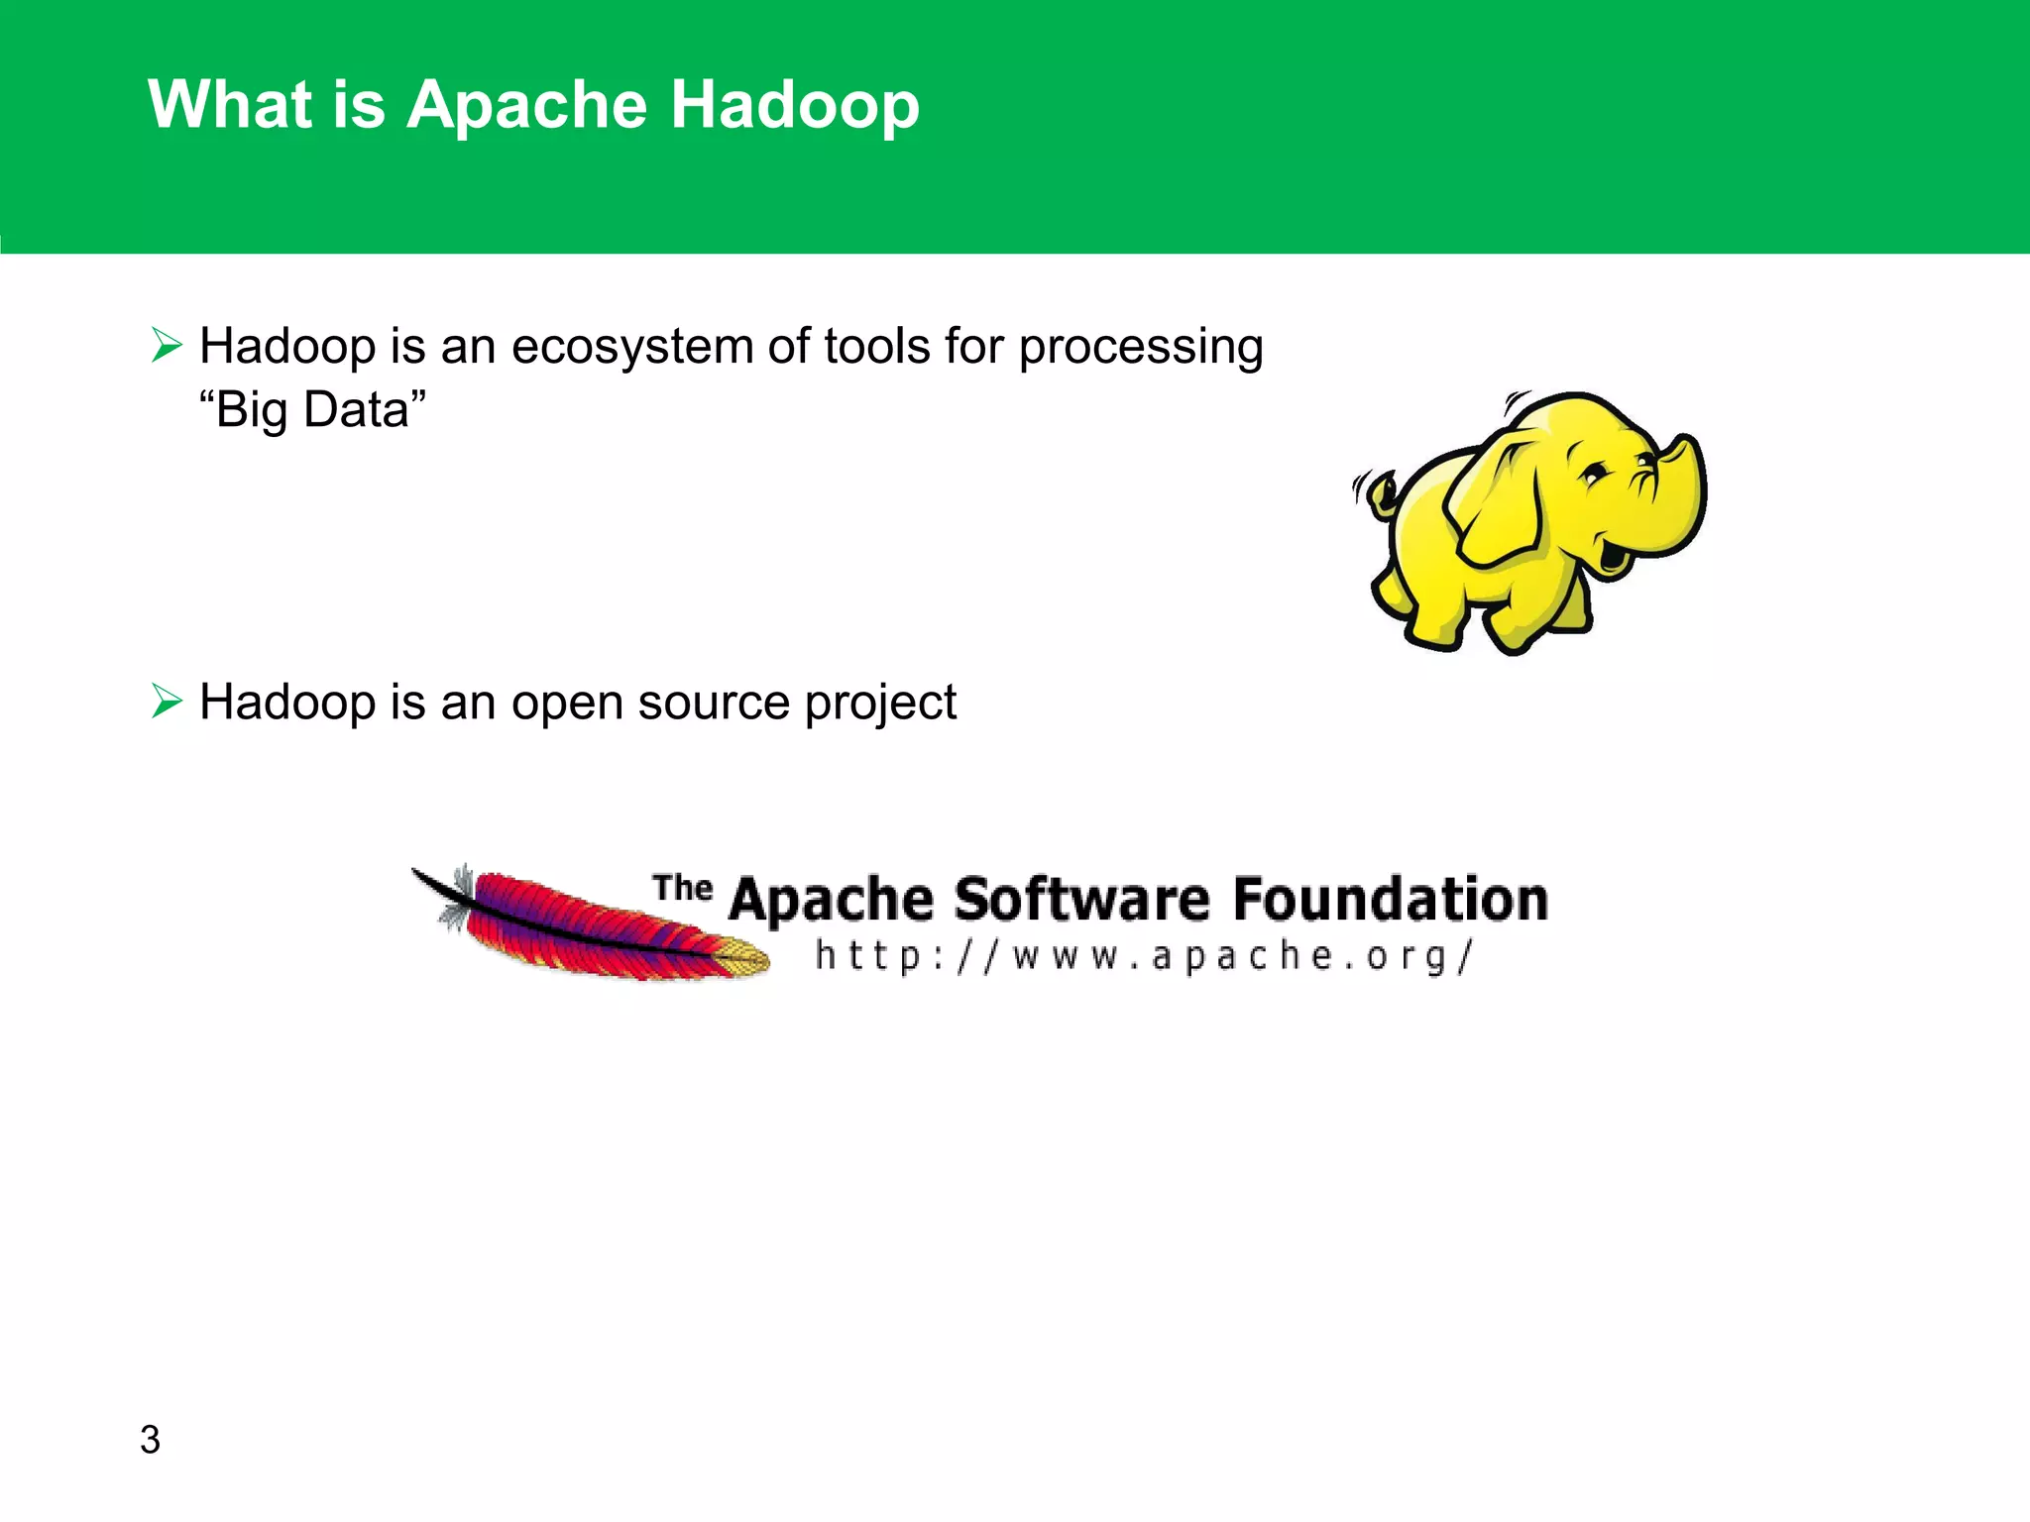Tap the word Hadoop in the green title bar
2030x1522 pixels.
[794, 105]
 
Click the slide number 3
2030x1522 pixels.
[150, 1440]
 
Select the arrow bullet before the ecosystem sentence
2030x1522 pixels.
[167, 346]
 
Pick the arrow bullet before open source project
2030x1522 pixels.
[167, 702]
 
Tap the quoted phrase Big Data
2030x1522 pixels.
[312, 410]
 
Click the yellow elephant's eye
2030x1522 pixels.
[1593, 474]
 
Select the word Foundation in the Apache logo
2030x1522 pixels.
[1390, 900]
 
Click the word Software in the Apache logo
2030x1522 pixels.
[1081, 900]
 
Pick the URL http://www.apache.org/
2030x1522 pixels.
[1145, 957]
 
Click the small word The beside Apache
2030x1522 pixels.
[682, 888]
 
